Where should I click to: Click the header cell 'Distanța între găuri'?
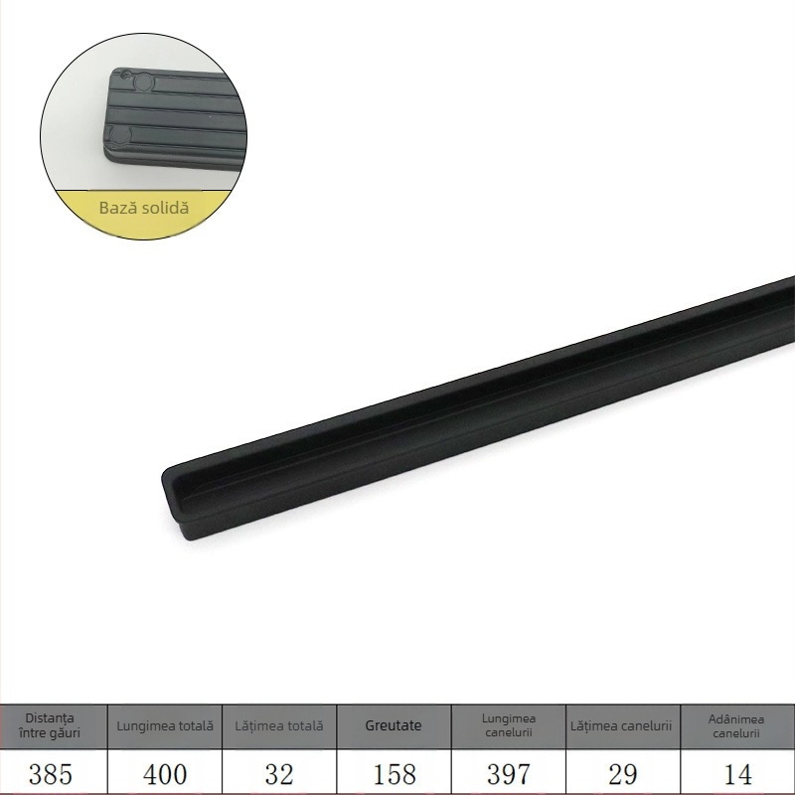click(51, 725)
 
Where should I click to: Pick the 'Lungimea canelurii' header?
click(509, 725)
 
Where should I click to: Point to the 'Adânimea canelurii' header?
click(737, 725)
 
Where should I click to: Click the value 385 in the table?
click(51, 773)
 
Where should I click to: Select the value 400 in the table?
click(165, 773)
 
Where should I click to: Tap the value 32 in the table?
click(279, 773)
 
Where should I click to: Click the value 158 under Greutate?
click(394, 773)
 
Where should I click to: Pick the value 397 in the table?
click(509, 773)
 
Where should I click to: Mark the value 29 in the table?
click(623, 773)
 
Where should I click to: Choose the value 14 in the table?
click(737, 773)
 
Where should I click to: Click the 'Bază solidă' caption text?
click(143, 209)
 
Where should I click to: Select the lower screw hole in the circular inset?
click(118, 133)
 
